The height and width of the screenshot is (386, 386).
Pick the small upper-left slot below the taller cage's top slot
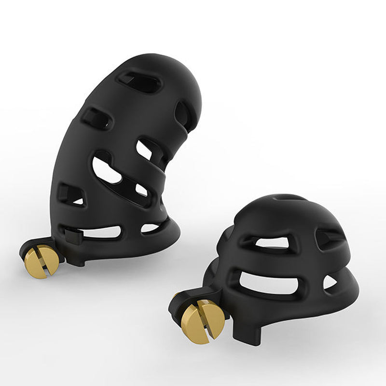coord(96,117)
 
